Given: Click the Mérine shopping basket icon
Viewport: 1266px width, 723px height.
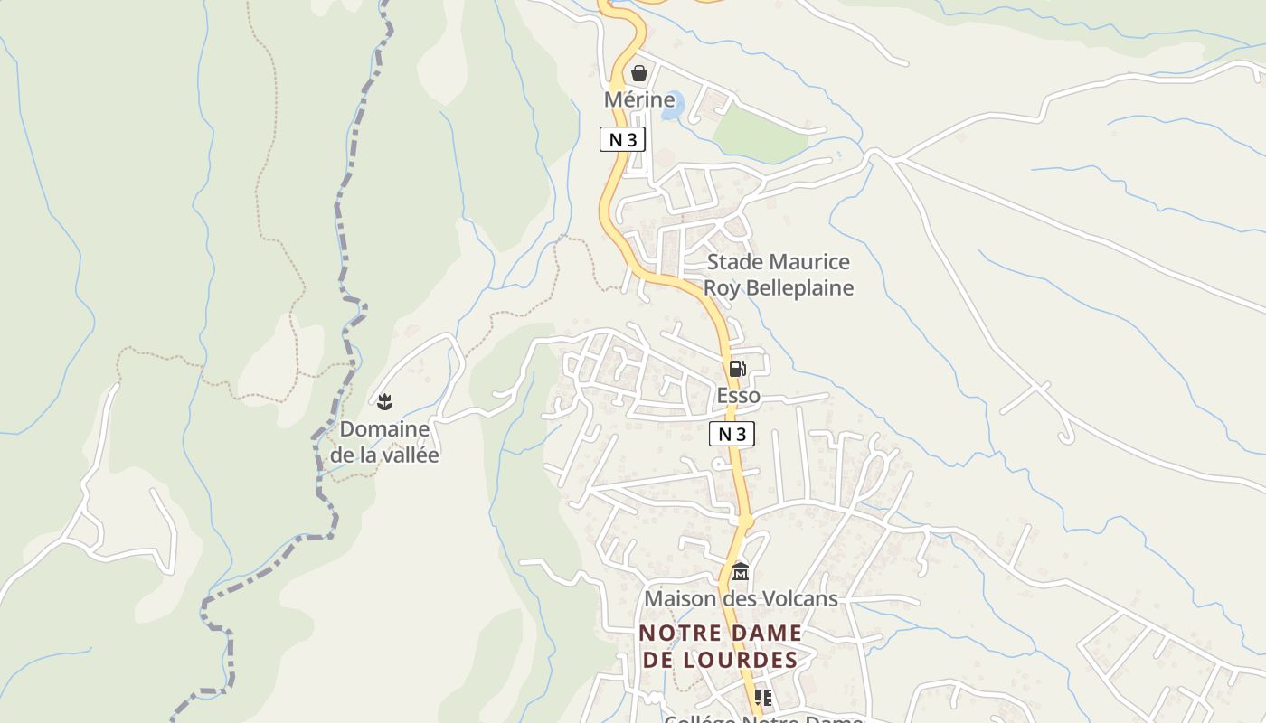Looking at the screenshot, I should click(639, 73).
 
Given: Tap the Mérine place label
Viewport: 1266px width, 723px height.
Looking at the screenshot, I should click(639, 99).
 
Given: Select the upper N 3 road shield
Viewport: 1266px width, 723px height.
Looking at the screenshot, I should click(622, 139).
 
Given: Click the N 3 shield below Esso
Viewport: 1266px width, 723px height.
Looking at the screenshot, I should click(731, 434).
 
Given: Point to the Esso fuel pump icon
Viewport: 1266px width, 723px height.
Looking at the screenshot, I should click(737, 368).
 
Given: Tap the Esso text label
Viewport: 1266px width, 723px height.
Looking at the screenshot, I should click(738, 396).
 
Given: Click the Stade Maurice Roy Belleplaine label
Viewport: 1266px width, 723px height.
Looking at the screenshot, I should click(778, 275).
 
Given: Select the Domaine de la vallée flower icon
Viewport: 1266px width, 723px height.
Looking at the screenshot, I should click(384, 400).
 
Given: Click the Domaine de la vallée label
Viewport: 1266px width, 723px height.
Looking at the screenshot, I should click(384, 441).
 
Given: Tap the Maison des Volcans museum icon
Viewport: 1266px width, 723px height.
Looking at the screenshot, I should click(741, 571).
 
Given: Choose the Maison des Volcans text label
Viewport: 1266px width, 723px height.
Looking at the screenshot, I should click(741, 598).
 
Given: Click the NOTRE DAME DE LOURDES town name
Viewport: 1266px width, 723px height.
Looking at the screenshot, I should click(720, 646).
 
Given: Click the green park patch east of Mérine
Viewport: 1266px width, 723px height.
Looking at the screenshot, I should click(759, 136).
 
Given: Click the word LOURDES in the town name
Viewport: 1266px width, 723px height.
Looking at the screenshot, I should click(746, 660).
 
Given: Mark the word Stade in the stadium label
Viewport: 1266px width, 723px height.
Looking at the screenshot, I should click(733, 262).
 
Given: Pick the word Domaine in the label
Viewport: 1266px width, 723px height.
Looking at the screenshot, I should click(384, 428).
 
